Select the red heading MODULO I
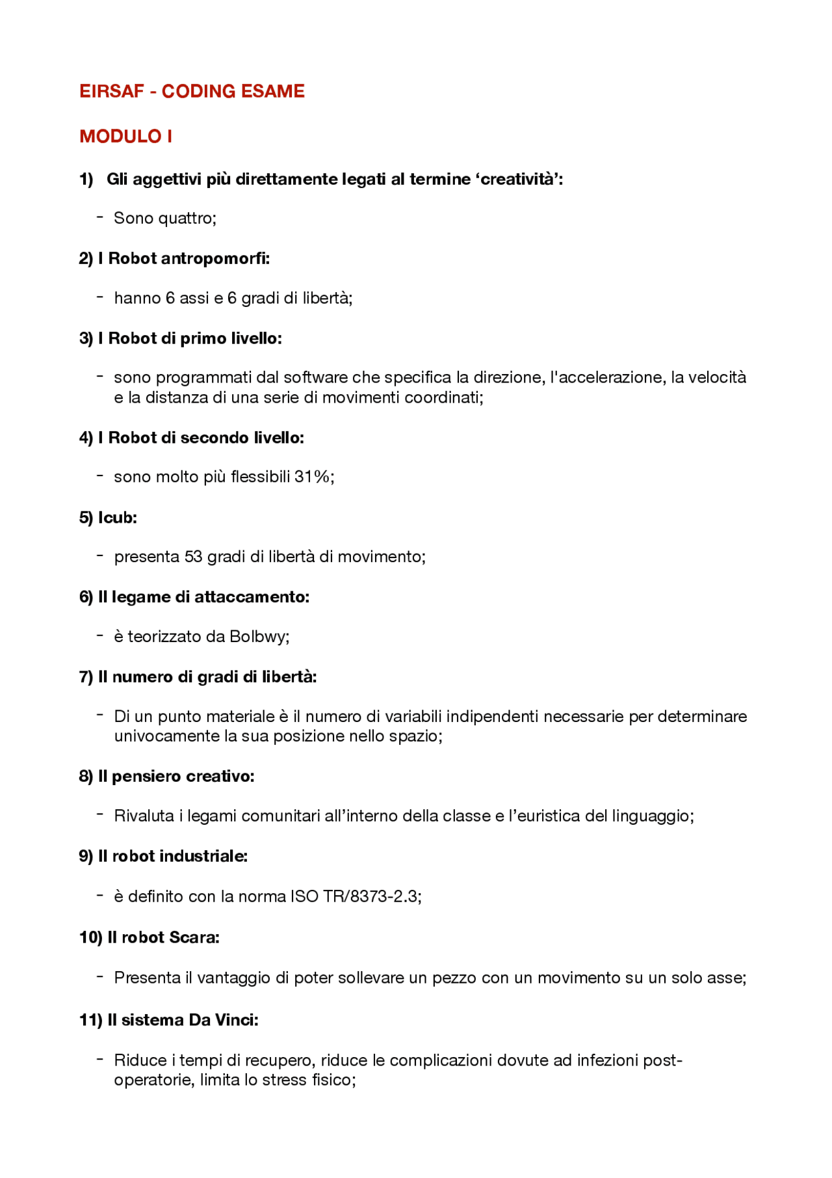pos(125,137)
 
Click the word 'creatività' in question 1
pos(518,179)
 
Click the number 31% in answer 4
pos(312,477)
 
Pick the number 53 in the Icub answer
pos(193,557)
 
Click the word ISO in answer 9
pos(304,896)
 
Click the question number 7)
pos(86,677)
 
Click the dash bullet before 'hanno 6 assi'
pos(100,297)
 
